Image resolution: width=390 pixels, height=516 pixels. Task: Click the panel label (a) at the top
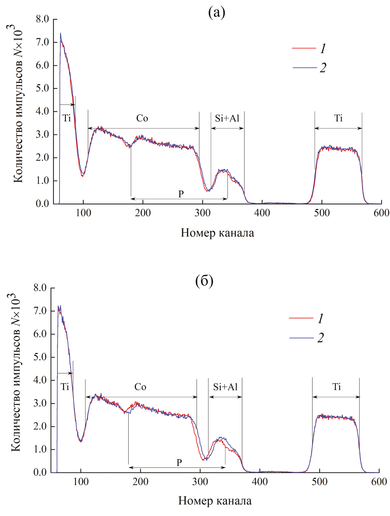point(217,13)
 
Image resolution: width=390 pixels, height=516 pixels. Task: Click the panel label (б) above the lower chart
point(204,281)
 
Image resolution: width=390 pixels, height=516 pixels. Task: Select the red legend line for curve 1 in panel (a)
point(304,48)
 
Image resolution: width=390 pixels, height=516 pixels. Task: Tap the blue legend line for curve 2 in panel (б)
point(301,338)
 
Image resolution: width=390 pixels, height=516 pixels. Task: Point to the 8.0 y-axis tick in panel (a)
point(42,19)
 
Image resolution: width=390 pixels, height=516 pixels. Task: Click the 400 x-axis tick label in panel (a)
point(262,213)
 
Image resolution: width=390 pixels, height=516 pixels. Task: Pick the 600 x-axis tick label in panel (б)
point(379,482)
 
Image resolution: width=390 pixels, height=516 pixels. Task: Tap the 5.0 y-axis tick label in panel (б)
point(40,357)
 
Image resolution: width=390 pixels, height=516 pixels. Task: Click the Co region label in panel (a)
point(142,119)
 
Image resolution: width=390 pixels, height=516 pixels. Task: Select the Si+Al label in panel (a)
point(227,119)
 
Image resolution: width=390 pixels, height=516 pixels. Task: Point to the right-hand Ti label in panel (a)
point(338,119)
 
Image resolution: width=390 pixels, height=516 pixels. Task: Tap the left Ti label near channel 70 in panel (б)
point(65,387)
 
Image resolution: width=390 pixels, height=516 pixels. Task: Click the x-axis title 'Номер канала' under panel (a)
point(217,233)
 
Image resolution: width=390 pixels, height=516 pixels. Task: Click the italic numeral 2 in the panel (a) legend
point(323,68)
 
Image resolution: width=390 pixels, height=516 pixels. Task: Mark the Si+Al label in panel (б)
point(225,387)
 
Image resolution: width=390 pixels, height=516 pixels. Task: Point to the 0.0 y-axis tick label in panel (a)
point(42,204)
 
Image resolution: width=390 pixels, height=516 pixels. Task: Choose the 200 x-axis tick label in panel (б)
point(140,482)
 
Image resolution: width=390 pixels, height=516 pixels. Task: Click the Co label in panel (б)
point(140,387)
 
